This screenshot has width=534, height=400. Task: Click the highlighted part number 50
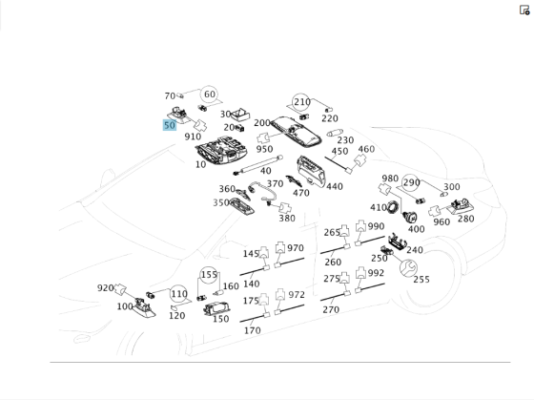pos(170,125)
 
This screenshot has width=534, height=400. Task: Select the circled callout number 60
pos(210,95)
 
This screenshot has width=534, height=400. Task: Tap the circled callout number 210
pos(301,101)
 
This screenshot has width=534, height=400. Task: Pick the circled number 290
pos(411,183)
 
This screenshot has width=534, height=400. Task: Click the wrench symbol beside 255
pos(408,267)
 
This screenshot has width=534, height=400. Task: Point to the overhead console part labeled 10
pos(221,151)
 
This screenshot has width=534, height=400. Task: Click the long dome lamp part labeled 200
pos(297,132)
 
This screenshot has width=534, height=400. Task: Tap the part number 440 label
pos(335,186)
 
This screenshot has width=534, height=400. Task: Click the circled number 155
pos(209,275)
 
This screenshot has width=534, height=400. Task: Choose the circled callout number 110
pos(178,294)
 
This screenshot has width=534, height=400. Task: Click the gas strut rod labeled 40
pos(258,165)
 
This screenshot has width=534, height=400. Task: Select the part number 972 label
pos(297,295)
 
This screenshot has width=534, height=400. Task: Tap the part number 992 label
pos(376,273)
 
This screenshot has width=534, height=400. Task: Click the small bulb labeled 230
pos(335,133)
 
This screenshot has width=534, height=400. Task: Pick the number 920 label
pos(105,288)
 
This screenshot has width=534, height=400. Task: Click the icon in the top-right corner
pos(524,11)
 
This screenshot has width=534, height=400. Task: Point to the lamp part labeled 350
pos(242,206)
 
